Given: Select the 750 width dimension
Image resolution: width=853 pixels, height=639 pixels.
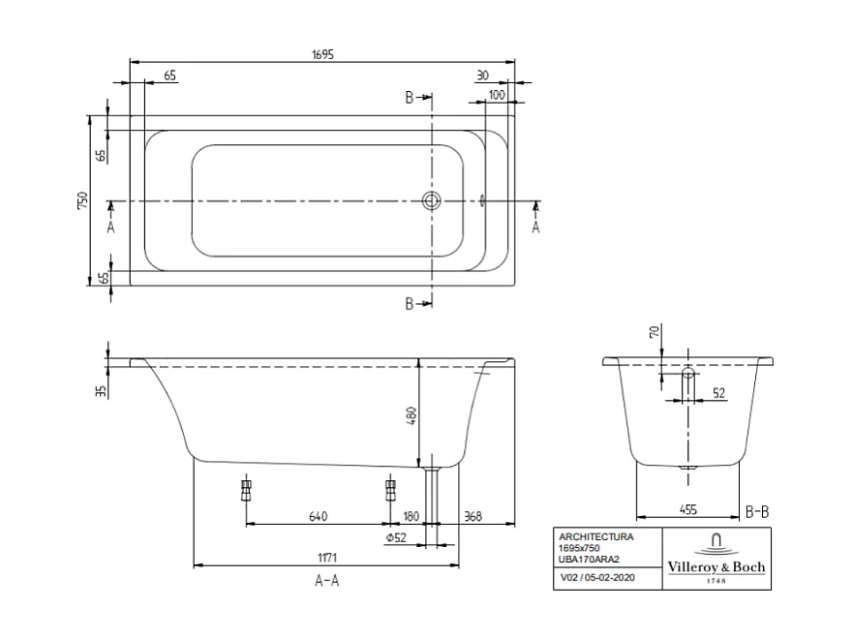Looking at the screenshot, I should (83, 200).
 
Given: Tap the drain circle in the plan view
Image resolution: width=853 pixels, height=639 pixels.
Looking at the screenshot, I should (431, 201).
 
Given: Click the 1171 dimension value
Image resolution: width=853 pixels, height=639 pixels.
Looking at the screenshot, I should (325, 558).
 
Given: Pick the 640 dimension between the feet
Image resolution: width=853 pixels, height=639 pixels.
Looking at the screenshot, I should (318, 516).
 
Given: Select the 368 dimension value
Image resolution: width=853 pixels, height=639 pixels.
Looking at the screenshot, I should (473, 516).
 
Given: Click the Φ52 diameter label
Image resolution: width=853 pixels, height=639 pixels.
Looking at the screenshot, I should (394, 538).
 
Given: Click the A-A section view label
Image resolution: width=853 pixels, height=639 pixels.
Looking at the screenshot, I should (326, 581).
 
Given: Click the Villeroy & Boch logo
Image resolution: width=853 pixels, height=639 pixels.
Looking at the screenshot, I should (716, 559).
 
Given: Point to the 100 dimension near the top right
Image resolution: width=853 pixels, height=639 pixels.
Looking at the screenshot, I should (497, 94).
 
